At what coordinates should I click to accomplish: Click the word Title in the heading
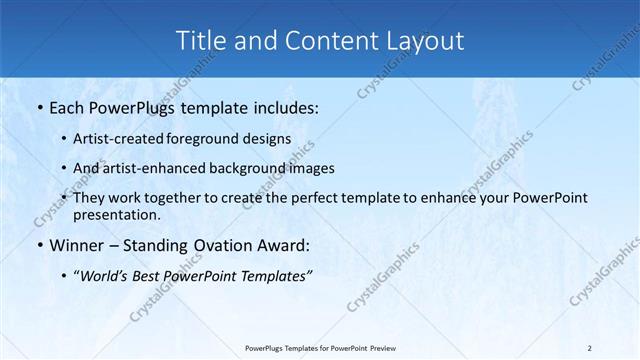click(200, 41)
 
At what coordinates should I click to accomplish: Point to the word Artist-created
click(119, 138)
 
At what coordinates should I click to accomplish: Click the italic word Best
click(156, 275)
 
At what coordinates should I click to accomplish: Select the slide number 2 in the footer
click(589, 347)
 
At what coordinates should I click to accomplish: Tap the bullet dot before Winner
click(39, 246)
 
